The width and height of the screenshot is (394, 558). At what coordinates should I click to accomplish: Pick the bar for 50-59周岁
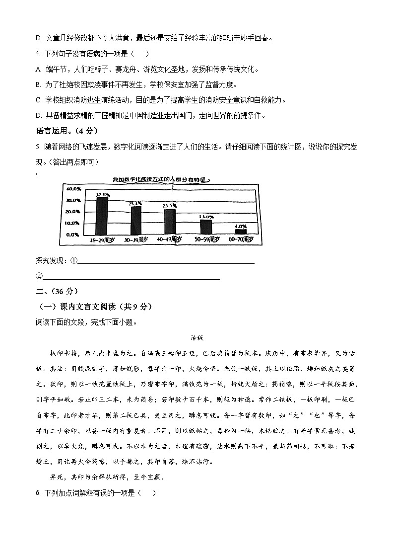pos(206,227)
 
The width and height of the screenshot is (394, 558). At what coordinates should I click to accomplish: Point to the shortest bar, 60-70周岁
pos(241,232)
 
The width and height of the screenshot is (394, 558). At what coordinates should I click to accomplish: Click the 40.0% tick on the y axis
pos(73,189)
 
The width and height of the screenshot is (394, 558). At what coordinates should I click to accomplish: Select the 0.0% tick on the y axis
pos(74,234)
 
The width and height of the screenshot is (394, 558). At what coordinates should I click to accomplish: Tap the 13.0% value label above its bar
pos(206,217)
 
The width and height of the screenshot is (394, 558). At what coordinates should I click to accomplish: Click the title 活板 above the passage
pos(197,337)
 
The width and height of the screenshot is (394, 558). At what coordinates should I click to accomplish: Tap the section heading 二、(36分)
pos(57,291)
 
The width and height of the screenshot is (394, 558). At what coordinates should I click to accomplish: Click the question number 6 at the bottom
pos(38,493)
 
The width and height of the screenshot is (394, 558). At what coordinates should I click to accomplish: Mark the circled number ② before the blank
pos(39,277)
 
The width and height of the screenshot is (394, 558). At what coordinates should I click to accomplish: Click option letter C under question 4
pos(38,100)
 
